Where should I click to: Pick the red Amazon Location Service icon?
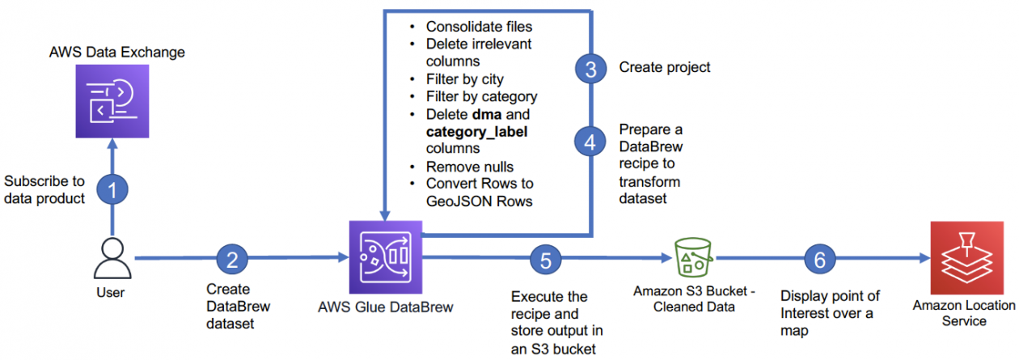962,259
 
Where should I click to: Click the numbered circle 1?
113,190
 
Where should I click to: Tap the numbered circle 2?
232,260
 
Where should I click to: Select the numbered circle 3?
591,69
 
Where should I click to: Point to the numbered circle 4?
591,141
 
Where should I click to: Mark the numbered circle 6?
820,260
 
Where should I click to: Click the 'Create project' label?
665,67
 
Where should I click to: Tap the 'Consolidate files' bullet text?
479,27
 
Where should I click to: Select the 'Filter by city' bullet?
464,79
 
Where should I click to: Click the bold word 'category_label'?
476,132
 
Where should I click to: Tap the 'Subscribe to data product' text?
44,188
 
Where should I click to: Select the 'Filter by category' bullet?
481,97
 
